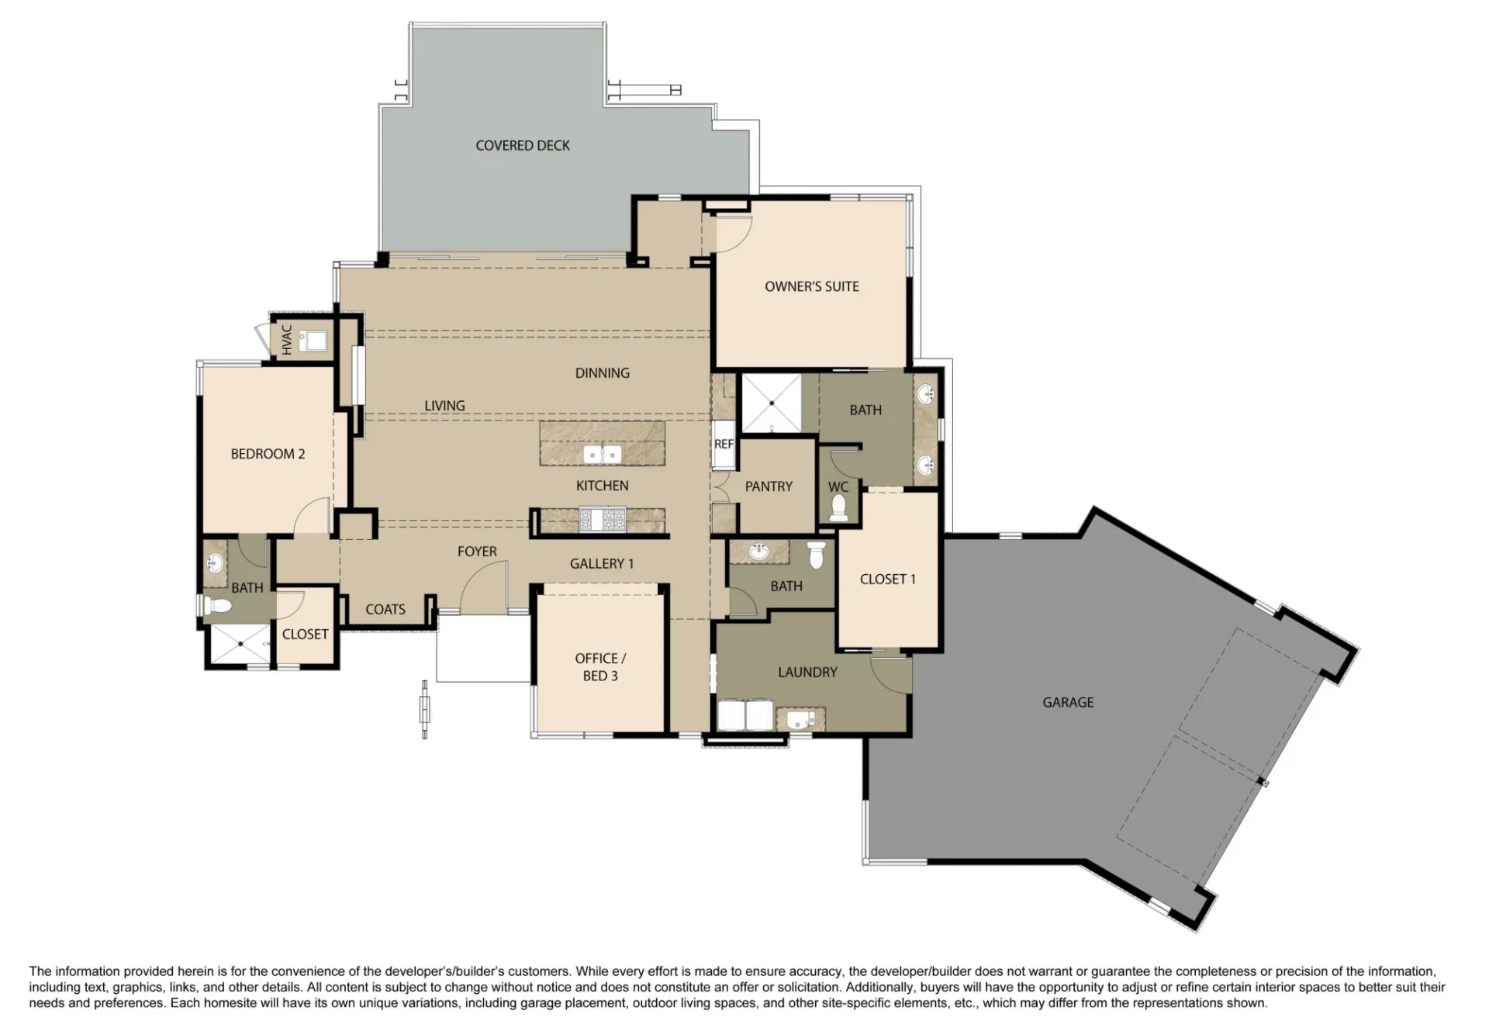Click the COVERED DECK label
click(523, 146)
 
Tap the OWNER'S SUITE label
click(812, 286)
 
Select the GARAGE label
click(1068, 702)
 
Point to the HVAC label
click(287, 339)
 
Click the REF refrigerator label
click(724, 445)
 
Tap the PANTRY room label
click(769, 486)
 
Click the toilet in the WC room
click(838, 507)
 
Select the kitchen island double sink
click(603, 454)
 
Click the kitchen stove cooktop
click(603, 520)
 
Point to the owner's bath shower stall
click(772, 403)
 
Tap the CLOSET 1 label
click(888, 579)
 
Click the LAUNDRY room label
click(807, 672)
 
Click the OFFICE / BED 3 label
click(600, 667)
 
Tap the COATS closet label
click(385, 610)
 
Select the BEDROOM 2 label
click(268, 454)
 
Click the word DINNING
click(603, 373)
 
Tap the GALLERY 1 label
click(602, 564)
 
